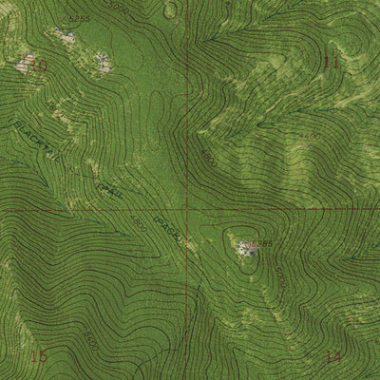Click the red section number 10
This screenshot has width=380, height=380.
[39, 66]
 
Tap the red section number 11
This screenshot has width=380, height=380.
[331, 63]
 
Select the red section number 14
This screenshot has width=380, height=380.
[332, 357]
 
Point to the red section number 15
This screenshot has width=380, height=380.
[39, 356]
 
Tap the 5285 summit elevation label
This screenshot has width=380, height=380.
[261, 244]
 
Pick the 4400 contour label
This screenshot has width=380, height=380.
[311, 138]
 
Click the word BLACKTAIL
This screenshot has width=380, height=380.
[35, 142]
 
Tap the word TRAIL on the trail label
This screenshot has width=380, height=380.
[111, 188]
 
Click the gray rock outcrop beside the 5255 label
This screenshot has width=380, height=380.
[65, 36]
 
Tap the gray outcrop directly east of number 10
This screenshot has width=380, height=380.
[103, 64]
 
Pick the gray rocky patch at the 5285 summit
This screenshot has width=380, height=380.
[246, 248]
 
